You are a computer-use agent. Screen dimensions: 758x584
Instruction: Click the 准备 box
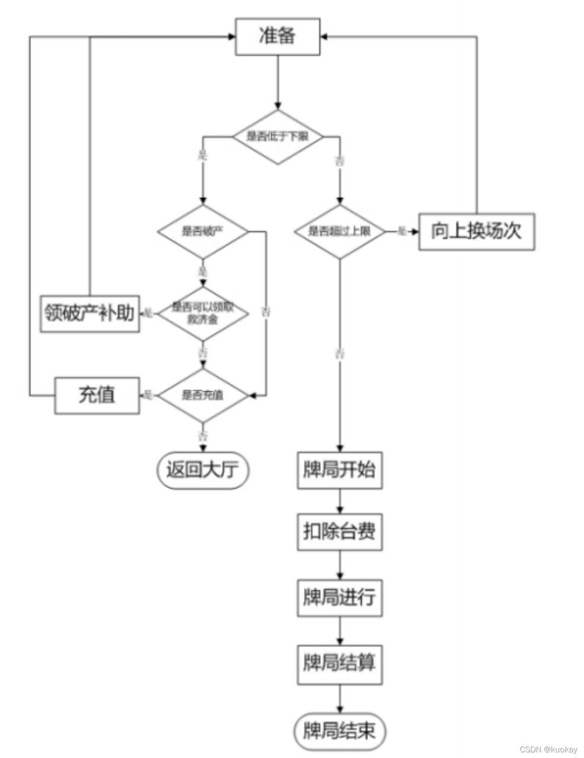(277, 37)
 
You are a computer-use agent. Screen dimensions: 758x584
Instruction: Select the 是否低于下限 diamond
(277, 137)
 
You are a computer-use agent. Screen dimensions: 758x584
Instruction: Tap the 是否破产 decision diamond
(203, 232)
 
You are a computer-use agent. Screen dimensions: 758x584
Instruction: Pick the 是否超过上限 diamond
(339, 232)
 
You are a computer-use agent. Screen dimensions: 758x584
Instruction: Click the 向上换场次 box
(476, 232)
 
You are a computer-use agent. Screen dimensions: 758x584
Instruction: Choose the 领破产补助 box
(90, 313)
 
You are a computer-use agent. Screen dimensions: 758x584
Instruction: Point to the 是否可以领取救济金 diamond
(203, 313)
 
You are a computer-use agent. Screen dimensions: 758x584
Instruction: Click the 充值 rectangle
(97, 395)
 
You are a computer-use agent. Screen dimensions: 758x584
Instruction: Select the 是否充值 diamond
(203, 395)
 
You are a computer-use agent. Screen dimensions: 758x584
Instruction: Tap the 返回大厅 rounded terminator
(203, 470)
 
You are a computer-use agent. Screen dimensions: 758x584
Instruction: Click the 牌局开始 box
(339, 470)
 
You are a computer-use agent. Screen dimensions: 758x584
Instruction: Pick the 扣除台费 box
(339, 532)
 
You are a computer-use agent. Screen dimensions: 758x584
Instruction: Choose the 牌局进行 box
(339, 598)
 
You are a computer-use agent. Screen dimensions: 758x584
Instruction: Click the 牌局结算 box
(339, 663)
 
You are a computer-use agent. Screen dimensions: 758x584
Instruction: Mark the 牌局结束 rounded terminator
(339, 731)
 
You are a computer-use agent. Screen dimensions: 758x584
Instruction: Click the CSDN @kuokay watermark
(548, 749)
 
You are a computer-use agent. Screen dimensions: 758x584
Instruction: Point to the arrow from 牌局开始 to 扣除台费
(340, 501)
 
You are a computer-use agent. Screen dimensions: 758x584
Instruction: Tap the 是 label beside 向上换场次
(401, 231)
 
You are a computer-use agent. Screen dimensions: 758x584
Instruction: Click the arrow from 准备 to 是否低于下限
(277, 83)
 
